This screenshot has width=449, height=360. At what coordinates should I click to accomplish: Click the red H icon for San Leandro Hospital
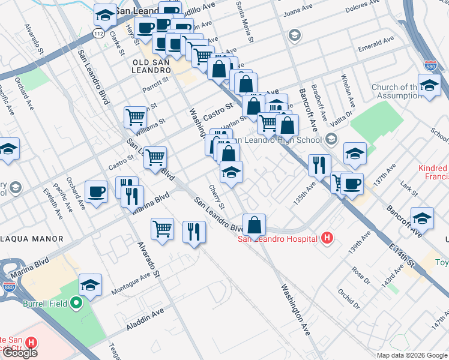(x=327, y=239)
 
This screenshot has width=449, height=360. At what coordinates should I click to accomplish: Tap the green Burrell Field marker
(x=76, y=304)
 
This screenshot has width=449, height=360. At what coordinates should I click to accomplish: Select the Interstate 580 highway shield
(x=429, y=65)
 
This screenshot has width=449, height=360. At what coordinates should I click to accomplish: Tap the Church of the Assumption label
(x=397, y=91)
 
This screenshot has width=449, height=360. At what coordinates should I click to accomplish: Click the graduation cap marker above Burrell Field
(x=90, y=286)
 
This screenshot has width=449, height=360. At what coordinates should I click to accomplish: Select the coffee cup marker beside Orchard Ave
(x=96, y=192)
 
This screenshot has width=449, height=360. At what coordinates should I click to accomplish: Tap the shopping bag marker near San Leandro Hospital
(x=255, y=225)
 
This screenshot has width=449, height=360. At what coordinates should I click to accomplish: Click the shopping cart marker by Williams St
(x=136, y=118)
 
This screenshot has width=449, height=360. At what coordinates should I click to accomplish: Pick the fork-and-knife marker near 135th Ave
(x=319, y=164)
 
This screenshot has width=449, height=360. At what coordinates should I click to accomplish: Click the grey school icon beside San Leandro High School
(x=331, y=140)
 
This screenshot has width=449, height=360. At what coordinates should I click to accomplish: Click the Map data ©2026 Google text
(x=411, y=355)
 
